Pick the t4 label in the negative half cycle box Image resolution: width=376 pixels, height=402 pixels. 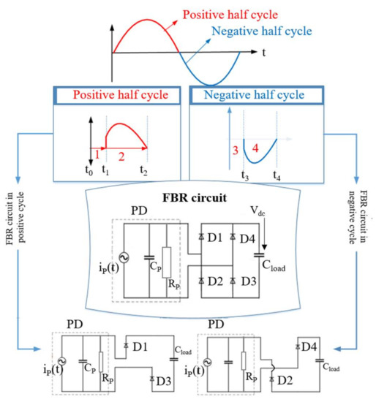[276, 176]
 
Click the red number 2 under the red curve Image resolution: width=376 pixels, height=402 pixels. [121, 156]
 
